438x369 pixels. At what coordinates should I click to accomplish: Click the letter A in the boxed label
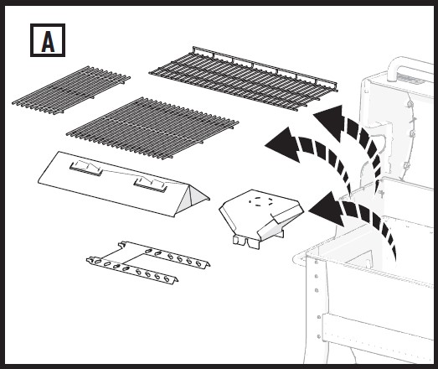[x=48, y=41]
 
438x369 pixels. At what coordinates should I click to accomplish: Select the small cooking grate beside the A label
[x=71, y=90]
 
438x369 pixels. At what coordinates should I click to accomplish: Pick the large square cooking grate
[x=152, y=127]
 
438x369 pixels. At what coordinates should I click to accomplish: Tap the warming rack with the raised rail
[x=243, y=78]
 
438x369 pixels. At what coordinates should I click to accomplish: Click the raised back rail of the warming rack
[x=265, y=67]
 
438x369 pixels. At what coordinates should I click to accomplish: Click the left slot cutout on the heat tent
[x=86, y=168]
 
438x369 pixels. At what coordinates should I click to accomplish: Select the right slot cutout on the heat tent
[x=151, y=184]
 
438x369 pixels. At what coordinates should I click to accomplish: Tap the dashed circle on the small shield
[x=260, y=201]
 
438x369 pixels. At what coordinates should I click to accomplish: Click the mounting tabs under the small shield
[x=246, y=242]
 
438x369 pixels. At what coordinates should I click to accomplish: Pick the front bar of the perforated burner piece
[x=132, y=271]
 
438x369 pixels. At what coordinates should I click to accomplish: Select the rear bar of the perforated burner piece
[x=165, y=255]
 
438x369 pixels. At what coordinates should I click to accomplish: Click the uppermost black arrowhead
[x=330, y=121]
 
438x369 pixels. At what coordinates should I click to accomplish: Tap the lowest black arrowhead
[x=327, y=210]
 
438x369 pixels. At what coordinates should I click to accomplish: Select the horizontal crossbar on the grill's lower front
[x=378, y=327]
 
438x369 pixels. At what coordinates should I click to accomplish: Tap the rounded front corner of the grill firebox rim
[x=296, y=259]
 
